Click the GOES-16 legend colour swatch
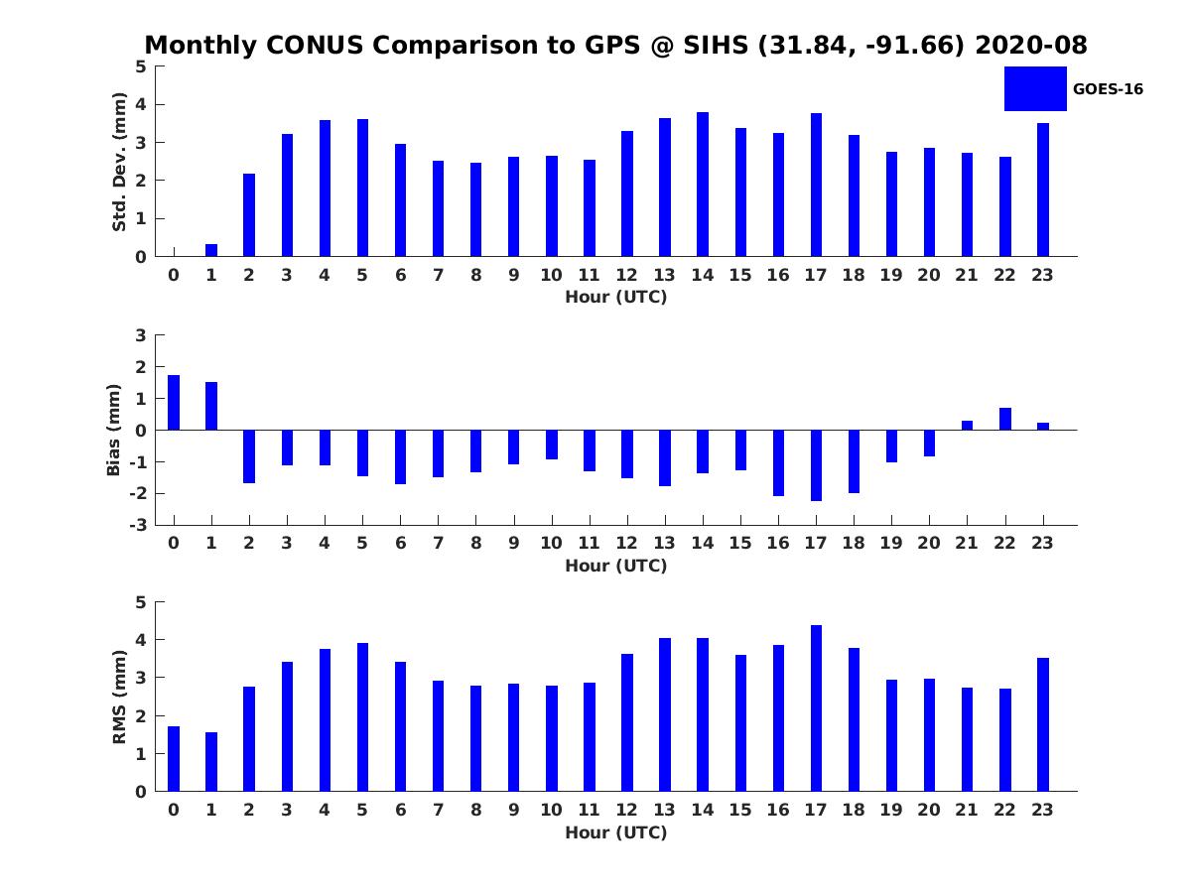(1035, 89)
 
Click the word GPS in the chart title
(611, 45)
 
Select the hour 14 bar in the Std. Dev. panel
(702, 185)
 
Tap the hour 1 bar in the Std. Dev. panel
(211, 250)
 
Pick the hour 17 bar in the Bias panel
(816, 465)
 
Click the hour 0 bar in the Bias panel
(173, 402)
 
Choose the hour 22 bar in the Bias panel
(1004, 419)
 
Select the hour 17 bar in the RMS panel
(816, 708)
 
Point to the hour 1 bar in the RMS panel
(211, 762)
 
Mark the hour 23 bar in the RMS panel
(1042, 724)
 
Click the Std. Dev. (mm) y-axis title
(119, 162)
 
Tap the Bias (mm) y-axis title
(113, 430)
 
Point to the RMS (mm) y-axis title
(119, 697)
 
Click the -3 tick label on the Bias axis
(138, 525)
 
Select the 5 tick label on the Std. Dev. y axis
(141, 66)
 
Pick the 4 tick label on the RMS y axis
(141, 640)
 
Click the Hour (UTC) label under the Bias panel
(616, 566)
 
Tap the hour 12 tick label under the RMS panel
(626, 810)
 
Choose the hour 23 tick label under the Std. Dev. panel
(1042, 275)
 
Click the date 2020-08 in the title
(1031, 45)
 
